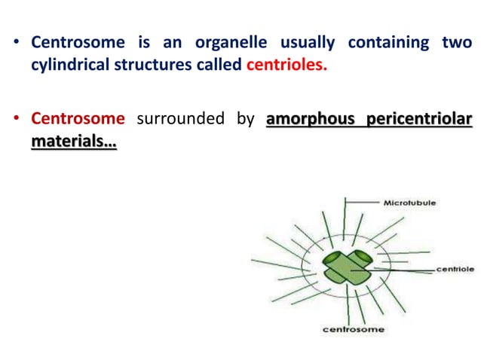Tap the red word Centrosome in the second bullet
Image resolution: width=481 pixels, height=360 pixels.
click(77, 118)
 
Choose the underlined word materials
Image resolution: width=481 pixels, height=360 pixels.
click(73, 139)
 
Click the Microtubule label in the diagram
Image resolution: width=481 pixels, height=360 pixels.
click(409, 203)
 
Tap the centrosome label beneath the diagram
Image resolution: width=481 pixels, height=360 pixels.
click(354, 329)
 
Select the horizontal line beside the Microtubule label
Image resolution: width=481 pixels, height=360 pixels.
click(363, 203)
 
